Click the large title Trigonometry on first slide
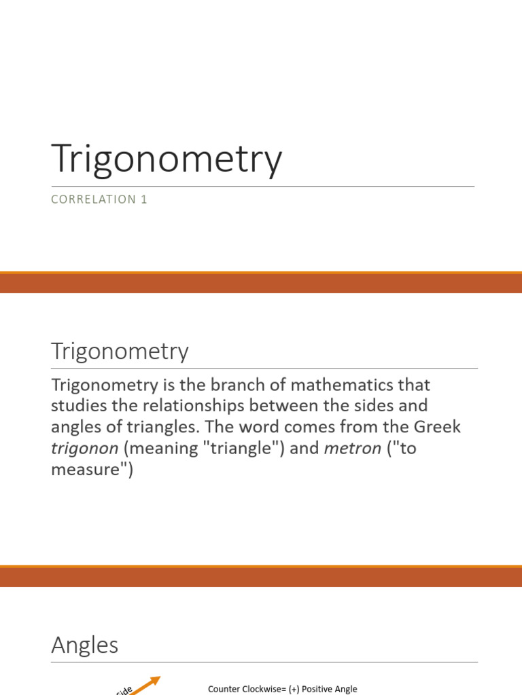click(x=167, y=159)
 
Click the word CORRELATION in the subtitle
click(x=94, y=200)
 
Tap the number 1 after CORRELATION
click(x=144, y=200)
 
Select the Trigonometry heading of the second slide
click(x=120, y=352)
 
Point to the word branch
click(x=237, y=385)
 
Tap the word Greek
click(x=437, y=427)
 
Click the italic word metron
click(x=353, y=449)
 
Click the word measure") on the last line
click(x=92, y=470)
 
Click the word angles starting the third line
click(x=75, y=428)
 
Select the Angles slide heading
click(x=85, y=645)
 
